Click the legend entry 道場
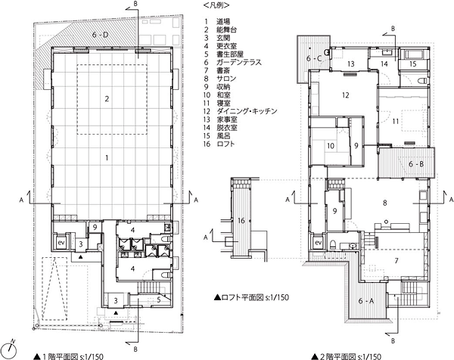click(x=223, y=21)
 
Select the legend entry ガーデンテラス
click(x=239, y=62)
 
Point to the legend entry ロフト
click(x=225, y=144)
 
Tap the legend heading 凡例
click(x=216, y=5)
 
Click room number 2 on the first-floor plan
click(x=107, y=99)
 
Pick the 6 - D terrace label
click(x=100, y=35)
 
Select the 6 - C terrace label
click(x=314, y=58)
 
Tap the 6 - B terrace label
click(x=416, y=164)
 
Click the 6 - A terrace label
click(x=366, y=301)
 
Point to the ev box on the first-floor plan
click(x=61, y=242)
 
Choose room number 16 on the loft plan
click(x=241, y=221)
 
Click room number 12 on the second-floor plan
click(x=346, y=95)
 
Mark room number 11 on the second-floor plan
click(x=396, y=121)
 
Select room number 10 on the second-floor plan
click(x=331, y=146)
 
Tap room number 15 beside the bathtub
click(x=413, y=64)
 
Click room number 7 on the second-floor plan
click(x=396, y=261)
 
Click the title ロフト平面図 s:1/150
click(x=251, y=297)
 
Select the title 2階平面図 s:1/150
click(x=347, y=356)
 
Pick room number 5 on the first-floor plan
click(x=159, y=300)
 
